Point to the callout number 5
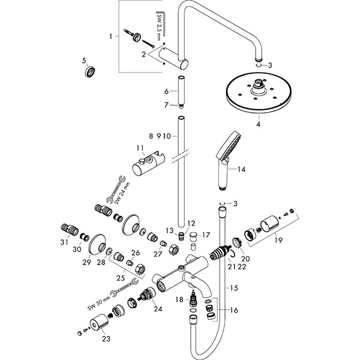(x=85, y=61)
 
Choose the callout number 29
(x=86, y=262)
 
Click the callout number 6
(x=167, y=91)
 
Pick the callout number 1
(x=110, y=37)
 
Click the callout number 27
(x=158, y=254)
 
